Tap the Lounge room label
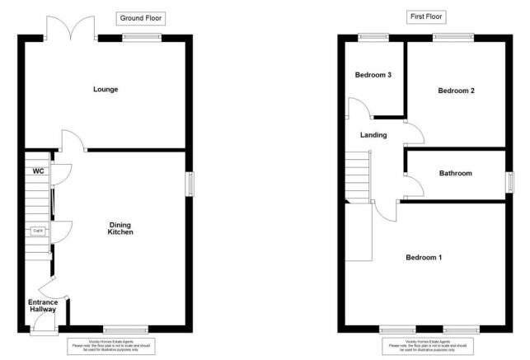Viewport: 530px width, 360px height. point(105,89)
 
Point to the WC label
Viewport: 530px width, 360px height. point(38,171)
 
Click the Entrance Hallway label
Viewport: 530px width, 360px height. point(43,306)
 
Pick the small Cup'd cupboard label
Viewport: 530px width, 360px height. point(38,231)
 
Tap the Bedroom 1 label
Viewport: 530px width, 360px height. point(424,258)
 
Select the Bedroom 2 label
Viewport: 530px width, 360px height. point(456,91)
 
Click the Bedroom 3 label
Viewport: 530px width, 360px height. point(373,75)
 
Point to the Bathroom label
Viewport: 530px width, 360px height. point(455,173)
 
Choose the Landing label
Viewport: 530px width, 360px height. point(373,135)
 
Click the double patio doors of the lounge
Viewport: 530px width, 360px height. point(71,28)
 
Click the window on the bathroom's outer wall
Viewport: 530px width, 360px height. point(509,181)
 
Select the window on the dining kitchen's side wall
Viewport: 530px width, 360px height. point(189,184)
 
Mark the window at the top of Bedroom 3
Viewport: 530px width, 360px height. point(373,35)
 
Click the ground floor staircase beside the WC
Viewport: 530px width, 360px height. point(38,206)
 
